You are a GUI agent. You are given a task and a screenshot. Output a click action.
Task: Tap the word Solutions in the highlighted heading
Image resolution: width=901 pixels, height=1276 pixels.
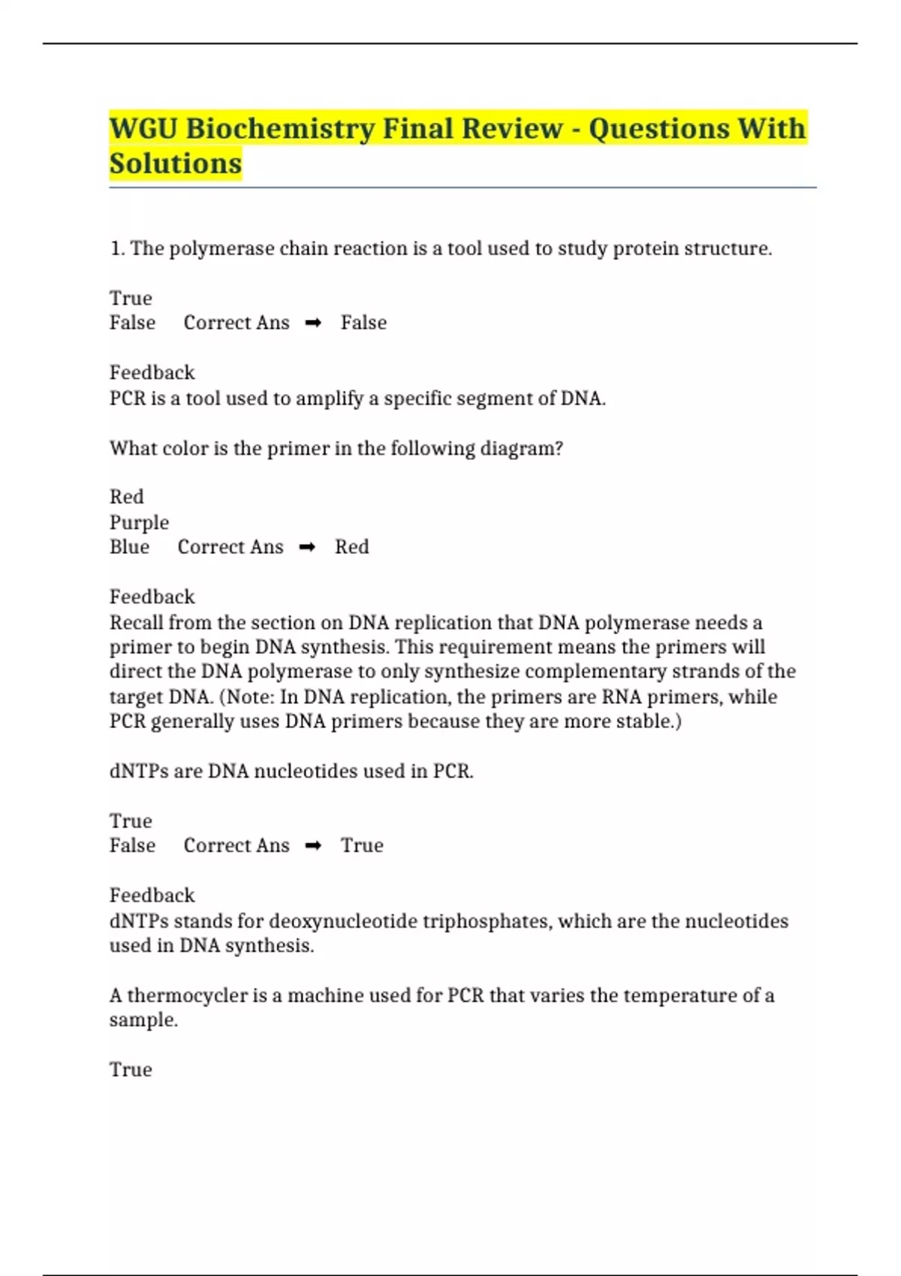tap(176, 163)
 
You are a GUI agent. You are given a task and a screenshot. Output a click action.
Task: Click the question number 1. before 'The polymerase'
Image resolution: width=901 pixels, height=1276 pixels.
tap(117, 248)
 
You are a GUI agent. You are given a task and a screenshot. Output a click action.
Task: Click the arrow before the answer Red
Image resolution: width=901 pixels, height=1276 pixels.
tap(307, 547)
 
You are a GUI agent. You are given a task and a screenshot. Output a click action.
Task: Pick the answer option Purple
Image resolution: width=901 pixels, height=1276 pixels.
tap(139, 522)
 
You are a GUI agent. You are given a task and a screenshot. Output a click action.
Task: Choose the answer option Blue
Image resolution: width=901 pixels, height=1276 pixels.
tap(129, 547)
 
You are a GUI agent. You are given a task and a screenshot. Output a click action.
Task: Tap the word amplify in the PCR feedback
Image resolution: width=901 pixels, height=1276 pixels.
tap(329, 399)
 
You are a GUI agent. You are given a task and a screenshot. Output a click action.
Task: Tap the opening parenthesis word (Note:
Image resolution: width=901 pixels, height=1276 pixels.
tap(247, 697)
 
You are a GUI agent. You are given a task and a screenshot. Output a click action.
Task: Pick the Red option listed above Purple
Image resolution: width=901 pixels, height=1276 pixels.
tap(126, 497)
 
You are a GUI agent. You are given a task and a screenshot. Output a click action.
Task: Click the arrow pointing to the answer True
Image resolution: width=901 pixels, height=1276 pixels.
tap(313, 846)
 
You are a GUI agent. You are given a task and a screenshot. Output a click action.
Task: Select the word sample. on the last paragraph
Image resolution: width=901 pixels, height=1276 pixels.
tap(143, 1021)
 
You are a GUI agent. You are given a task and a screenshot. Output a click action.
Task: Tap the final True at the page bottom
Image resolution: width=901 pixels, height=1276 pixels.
tap(131, 1070)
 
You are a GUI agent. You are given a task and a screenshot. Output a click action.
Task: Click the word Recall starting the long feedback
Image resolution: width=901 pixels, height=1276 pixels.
tap(136, 623)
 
